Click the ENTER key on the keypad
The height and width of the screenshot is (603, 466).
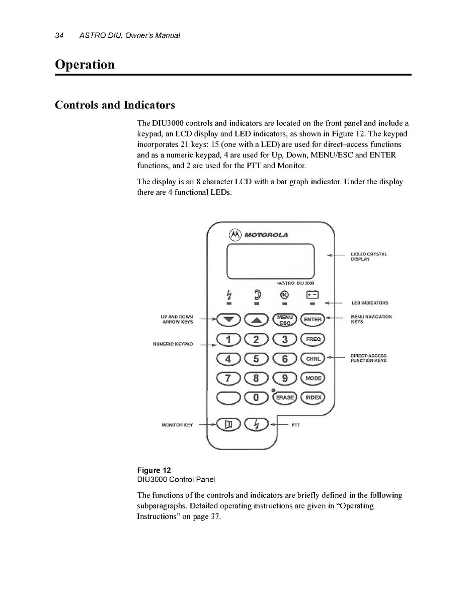[x=313, y=319]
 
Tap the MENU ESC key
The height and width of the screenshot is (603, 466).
[x=285, y=319]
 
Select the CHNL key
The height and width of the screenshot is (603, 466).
[x=313, y=359]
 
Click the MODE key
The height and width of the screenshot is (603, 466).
[x=313, y=378]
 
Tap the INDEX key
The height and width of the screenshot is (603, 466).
[x=313, y=398]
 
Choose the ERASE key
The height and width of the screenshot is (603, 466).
[x=285, y=398]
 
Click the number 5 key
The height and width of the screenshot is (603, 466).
[x=257, y=359]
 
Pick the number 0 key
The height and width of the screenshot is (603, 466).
[x=257, y=398]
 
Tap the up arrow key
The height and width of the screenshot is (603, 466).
[x=257, y=319]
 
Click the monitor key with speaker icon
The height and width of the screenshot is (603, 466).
[x=229, y=425]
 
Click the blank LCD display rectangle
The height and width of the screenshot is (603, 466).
[x=270, y=261]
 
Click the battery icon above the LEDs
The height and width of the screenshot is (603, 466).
[x=313, y=294]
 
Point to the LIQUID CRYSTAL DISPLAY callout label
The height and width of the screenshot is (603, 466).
[x=368, y=256]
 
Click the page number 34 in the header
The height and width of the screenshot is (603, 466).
[x=59, y=35]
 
